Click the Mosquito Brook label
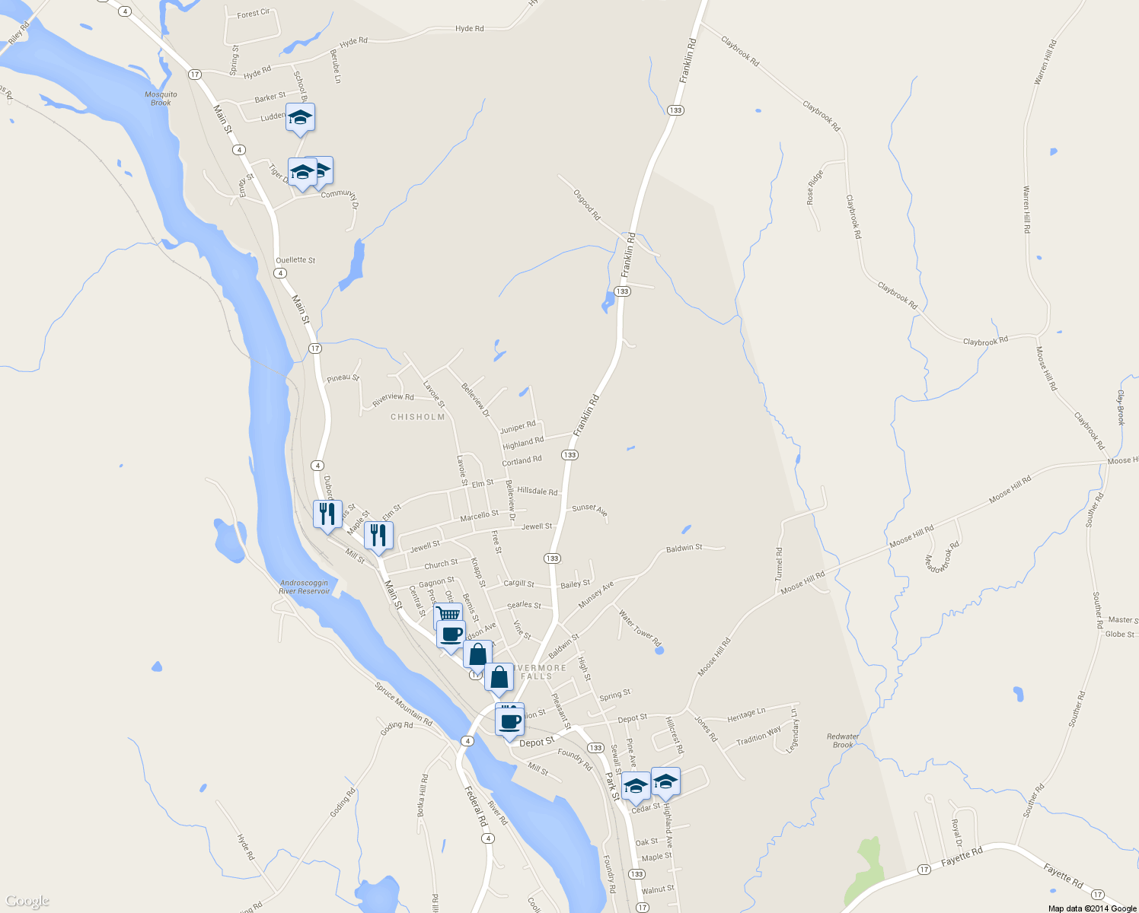pyautogui.click(x=161, y=99)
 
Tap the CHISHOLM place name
pyautogui.click(x=417, y=417)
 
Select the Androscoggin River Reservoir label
pyautogui.click(x=304, y=587)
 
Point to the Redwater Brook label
pyautogui.click(x=843, y=740)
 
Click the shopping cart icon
pyautogui.click(x=448, y=614)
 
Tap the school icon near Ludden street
pyautogui.click(x=300, y=117)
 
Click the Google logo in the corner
pyautogui.click(x=27, y=902)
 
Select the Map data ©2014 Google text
pyautogui.click(x=1092, y=908)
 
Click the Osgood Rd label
pyautogui.click(x=587, y=205)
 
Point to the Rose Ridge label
pyautogui.click(x=815, y=187)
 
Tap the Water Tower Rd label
pyautogui.click(x=640, y=628)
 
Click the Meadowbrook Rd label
pyautogui.click(x=942, y=557)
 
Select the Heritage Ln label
pyautogui.click(x=746, y=715)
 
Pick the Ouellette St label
pyautogui.click(x=295, y=260)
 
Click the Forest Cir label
pyautogui.click(x=254, y=14)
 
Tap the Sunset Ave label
pyautogui.click(x=590, y=510)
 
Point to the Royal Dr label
pyautogui.click(x=957, y=833)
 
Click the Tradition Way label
pyautogui.click(x=758, y=736)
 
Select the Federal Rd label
pyautogui.click(x=476, y=806)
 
